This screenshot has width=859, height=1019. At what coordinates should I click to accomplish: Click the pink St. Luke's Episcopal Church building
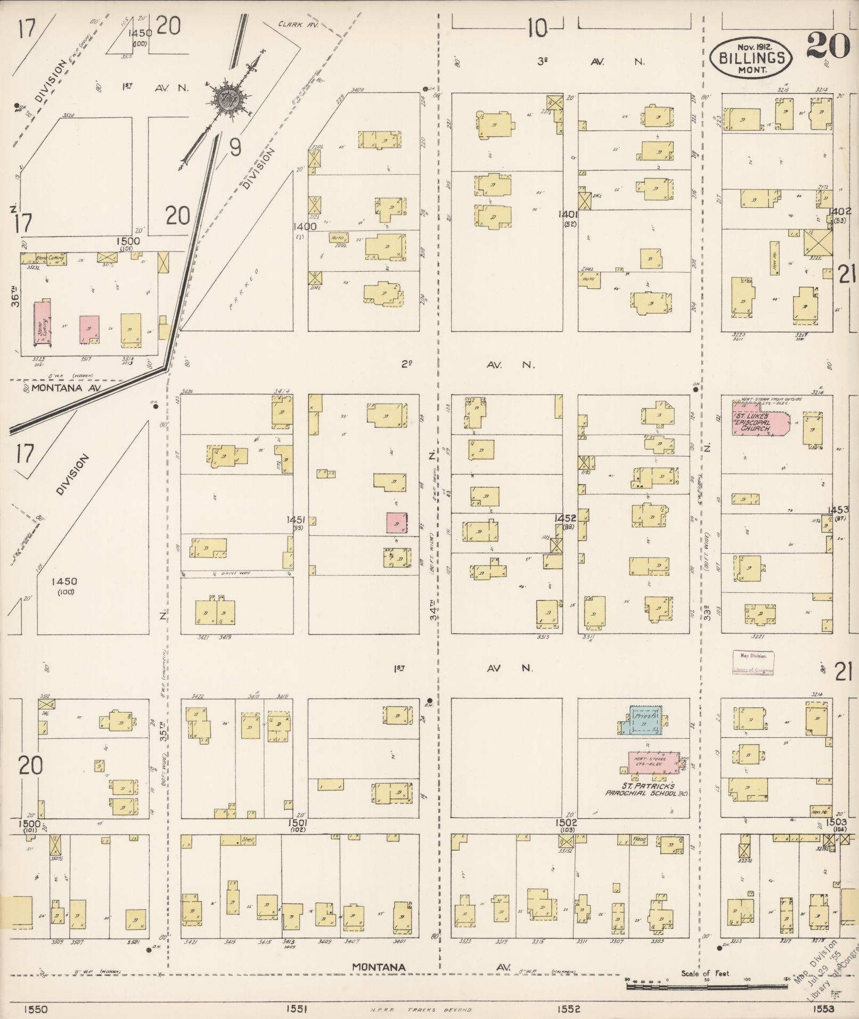point(759,423)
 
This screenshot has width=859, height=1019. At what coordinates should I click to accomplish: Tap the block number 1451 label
point(296,519)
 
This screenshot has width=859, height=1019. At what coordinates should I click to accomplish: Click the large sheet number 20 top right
point(828,45)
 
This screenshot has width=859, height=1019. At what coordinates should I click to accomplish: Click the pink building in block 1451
point(397,523)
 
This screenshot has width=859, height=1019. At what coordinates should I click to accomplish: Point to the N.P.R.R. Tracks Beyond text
point(420,1010)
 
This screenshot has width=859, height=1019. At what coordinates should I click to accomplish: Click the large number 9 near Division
point(235,148)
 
